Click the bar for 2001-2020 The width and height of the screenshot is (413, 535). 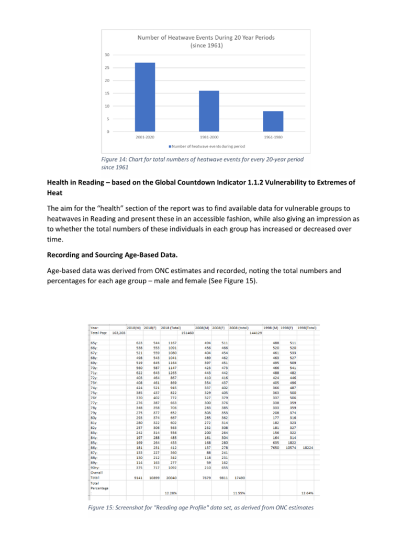[x=145, y=97]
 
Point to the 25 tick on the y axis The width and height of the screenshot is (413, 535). [x=107, y=67]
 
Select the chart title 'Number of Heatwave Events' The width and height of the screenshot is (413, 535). [x=206, y=38]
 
